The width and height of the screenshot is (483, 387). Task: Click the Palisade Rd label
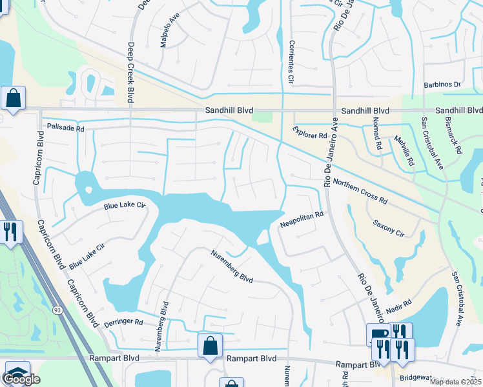pyautogui.click(x=61, y=128)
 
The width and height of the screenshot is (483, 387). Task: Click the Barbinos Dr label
pyautogui.click(x=442, y=84)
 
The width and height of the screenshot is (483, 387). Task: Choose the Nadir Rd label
pyautogui.click(x=399, y=306)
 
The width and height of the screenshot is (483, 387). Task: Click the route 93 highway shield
pyautogui.click(x=57, y=310)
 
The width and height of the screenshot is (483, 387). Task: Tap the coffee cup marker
pyautogui.click(x=376, y=332)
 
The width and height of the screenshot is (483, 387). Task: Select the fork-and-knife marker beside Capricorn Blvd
pyautogui.click(x=10, y=232)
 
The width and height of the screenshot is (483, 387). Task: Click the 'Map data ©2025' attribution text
pyautogui.click(x=455, y=382)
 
